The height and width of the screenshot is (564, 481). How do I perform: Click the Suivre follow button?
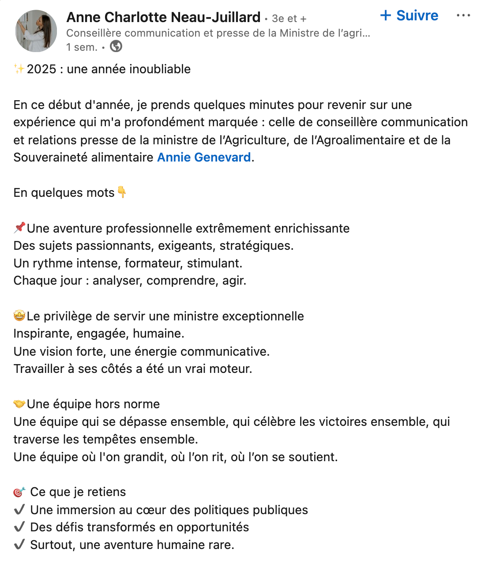[x=409, y=15]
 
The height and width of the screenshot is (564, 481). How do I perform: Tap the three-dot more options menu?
[x=463, y=15]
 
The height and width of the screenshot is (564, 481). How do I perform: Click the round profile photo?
[x=36, y=31]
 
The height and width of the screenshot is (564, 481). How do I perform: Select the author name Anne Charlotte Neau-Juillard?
[x=163, y=17]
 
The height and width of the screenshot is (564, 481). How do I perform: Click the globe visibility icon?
[x=116, y=46]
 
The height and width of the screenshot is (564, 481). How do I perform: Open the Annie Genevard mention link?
[x=204, y=157]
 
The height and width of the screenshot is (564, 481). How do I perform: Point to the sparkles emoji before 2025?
[x=19, y=69]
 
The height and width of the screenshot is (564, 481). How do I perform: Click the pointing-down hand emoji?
[x=122, y=192]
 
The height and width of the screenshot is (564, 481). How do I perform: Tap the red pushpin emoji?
[x=19, y=228]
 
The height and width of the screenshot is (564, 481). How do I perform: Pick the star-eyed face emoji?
[x=19, y=316]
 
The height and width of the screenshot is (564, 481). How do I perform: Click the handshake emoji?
[x=19, y=404]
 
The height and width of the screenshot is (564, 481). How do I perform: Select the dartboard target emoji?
[x=19, y=492]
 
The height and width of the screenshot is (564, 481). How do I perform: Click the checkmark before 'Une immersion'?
[x=19, y=510]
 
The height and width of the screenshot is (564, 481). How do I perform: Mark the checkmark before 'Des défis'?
[x=19, y=527]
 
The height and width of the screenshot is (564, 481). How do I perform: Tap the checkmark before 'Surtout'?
[x=19, y=545]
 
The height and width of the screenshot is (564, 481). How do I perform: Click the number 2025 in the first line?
[x=41, y=69]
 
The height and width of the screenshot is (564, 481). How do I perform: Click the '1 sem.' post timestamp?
[x=82, y=47]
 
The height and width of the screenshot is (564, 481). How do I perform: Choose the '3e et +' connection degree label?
[x=289, y=19]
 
